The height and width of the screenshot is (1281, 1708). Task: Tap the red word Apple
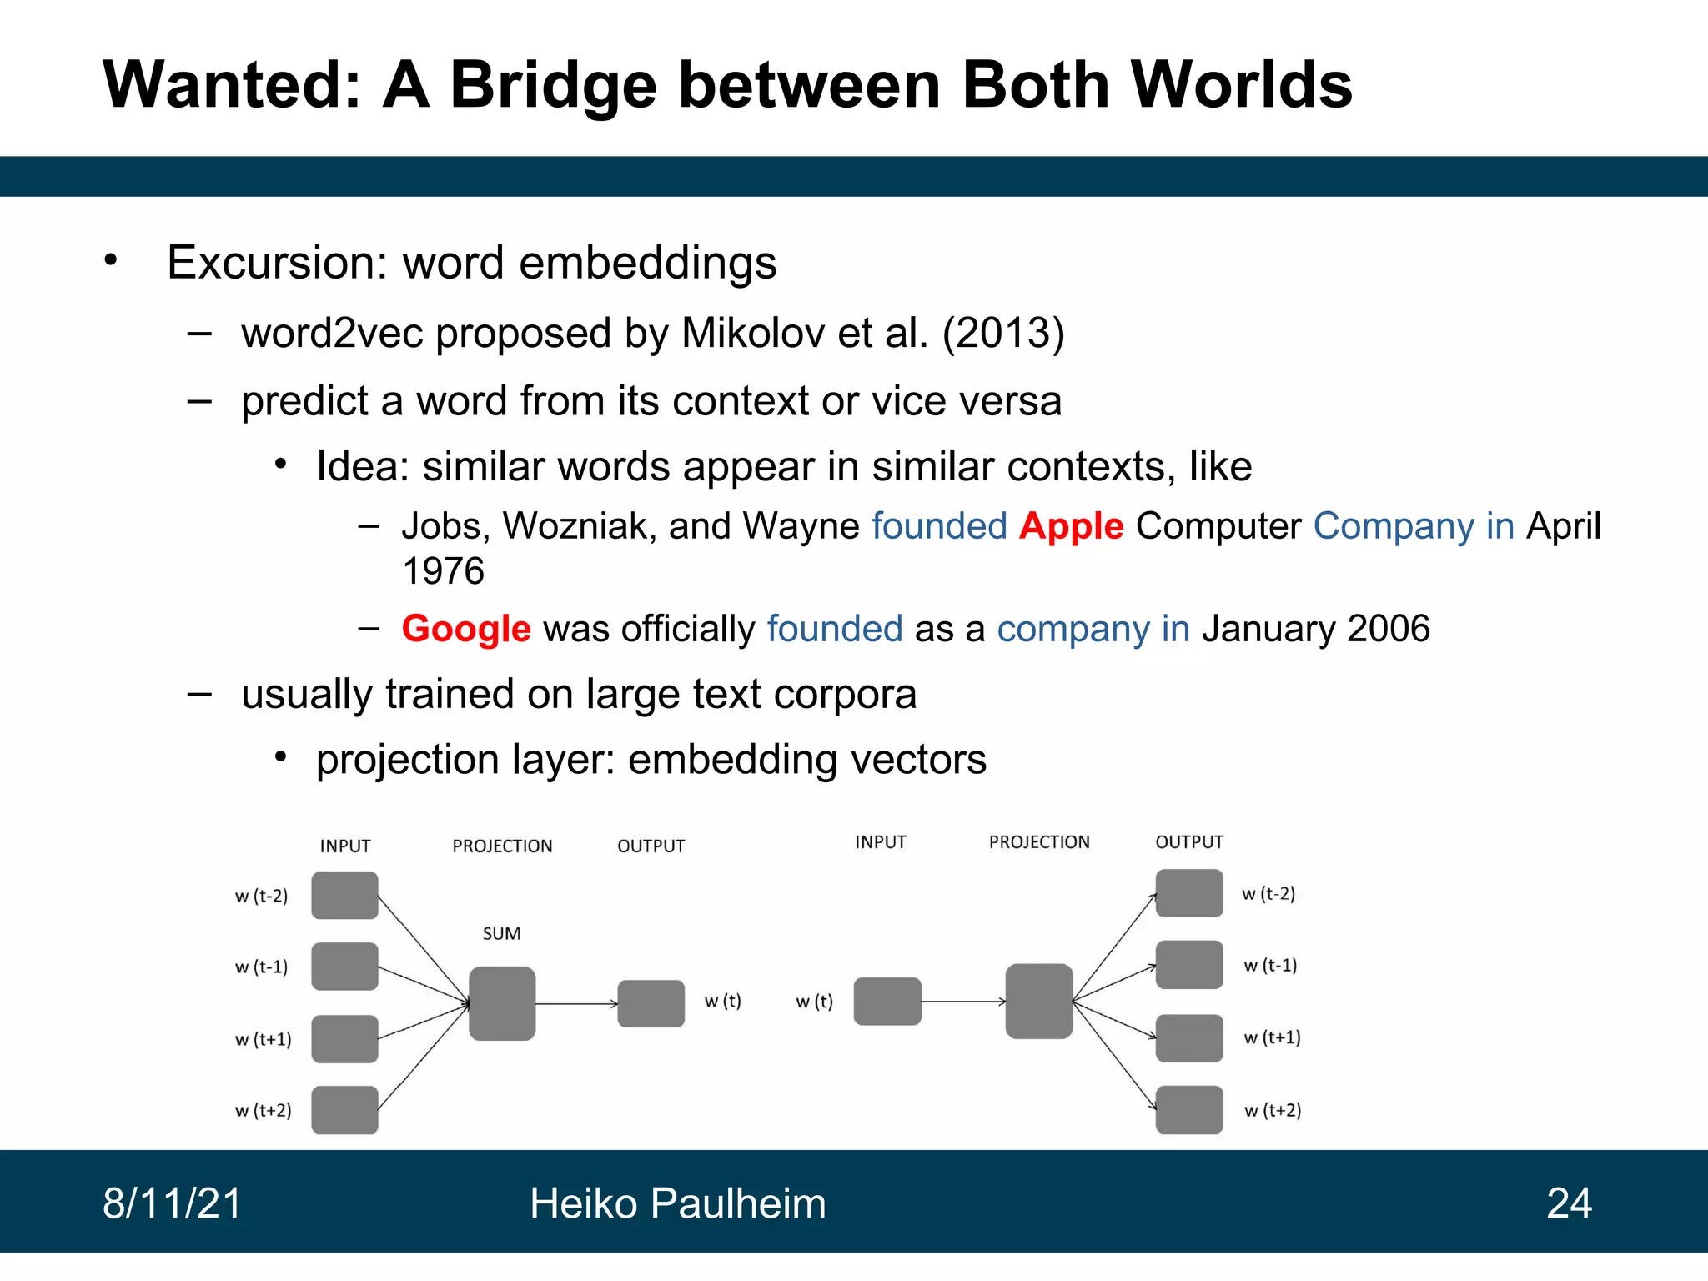[x=1071, y=527]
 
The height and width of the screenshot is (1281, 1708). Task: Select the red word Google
[x=466, y=629]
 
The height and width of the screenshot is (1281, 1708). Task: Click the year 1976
[x=443, y=572]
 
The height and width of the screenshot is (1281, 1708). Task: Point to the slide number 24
[x=1569, y=1203]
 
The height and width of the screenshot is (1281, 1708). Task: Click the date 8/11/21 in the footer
[x=172, y=1203]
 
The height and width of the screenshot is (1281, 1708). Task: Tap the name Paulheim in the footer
[x=737, y=1203]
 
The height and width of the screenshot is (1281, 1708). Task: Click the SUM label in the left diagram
[x=501, y=934]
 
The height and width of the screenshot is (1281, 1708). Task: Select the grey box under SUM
[x=502, y=1003]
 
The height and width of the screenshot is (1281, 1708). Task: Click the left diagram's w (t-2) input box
[x=344, y=896]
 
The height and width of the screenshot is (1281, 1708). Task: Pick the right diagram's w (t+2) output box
[x=1189, y=1110]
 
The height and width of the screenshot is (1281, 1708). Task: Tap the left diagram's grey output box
[x=651, y=1003]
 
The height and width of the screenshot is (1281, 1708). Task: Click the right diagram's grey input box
[x=887, y=1002]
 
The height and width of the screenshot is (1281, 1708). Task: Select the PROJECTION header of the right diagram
[x=1039, y=842]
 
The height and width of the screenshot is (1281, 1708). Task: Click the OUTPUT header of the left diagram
[x=651, y=846]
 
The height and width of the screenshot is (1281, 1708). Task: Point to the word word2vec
[x=333, y=334]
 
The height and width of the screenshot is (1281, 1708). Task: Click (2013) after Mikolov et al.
[x=1003, y=334]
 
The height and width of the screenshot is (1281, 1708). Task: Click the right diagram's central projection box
[x=1039, y=1002]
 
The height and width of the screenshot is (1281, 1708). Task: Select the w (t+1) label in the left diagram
[x=263, y=1040]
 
